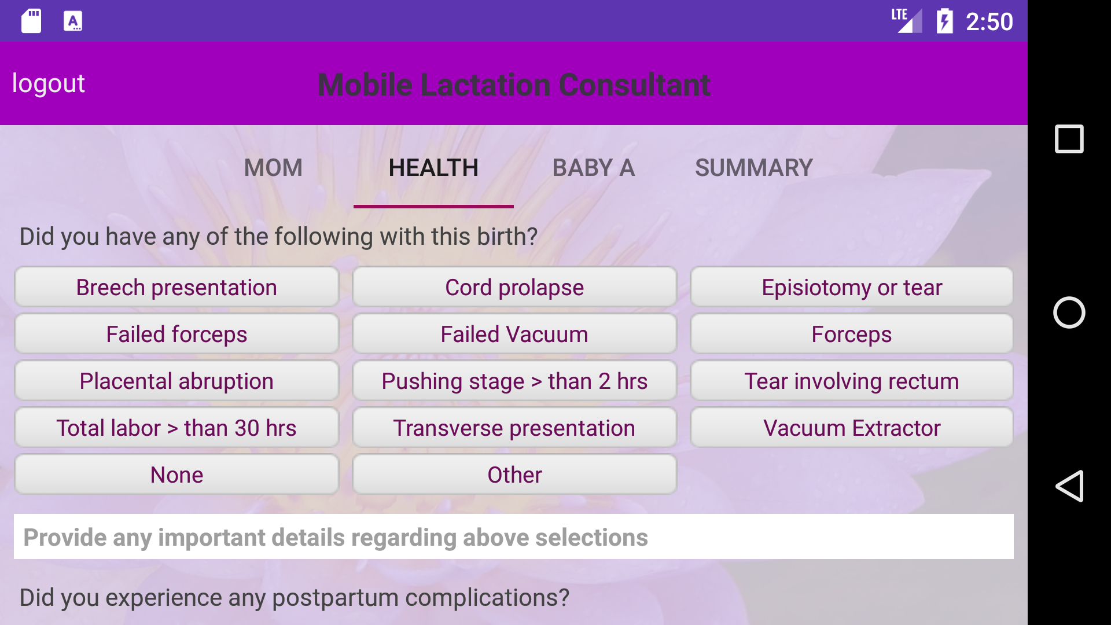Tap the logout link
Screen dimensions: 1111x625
(x=49, y=83)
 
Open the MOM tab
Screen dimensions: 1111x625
(x=273, y=168)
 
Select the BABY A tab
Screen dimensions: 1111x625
(x=594, y=168)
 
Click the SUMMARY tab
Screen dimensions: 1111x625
(x=754, y=168)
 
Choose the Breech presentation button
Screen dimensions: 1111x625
(x=176, y=287)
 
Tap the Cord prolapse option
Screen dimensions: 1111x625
(x=514, y=287)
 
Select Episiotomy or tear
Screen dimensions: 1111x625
(x=852, y=287)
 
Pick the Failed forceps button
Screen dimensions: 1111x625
(x=176, y=334)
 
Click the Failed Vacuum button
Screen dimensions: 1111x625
(x=514, y=334)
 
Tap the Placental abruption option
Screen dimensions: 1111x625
(x=176, y=381)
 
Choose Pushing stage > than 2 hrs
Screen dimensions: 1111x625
(x=514, y=381)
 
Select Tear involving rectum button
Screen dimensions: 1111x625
(x=852, y=381)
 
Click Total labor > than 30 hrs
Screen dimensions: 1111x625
(x=176, y=428)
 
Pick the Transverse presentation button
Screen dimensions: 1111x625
(x=514, y=428)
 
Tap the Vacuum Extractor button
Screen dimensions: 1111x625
(x=852, y=428)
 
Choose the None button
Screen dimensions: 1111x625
(x=176, y=475)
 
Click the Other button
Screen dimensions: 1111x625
(x=514, y=475)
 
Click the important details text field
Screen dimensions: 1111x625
(x=514, y=536)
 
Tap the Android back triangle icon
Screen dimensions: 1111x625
(x=1069, y=486)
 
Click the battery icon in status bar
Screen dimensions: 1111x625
(x=945, y=21)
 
